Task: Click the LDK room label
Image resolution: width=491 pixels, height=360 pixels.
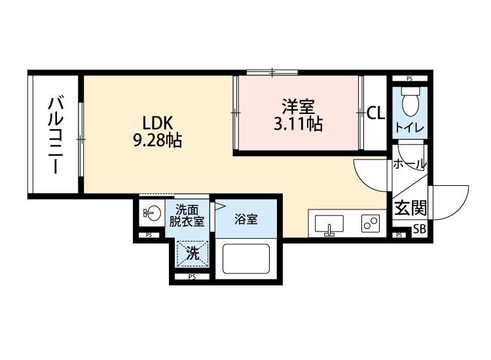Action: pos(158,122)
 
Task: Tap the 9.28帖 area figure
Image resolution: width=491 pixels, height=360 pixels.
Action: pos(158,140)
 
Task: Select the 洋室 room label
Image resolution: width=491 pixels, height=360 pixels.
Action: pos(298,107)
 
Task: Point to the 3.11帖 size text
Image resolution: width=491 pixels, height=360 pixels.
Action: pos(298,124)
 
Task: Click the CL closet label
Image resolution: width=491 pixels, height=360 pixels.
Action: pos(376,113)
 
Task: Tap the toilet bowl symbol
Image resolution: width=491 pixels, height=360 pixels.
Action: pos(410,101)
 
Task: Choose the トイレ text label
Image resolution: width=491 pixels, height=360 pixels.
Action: pos(410,128)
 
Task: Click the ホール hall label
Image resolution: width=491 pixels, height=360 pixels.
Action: pos(410,164)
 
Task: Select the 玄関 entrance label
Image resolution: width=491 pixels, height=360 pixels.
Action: pos(410,208)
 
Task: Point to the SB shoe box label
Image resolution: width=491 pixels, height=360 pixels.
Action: pos(420,229)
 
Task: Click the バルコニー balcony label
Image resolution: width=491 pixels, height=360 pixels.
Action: pos(56,135)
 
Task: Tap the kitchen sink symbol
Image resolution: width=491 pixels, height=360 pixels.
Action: pos(329,225)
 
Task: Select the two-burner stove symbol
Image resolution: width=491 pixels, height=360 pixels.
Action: pos(371,223)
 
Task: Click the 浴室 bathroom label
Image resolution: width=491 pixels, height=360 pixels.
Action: pos(246,219)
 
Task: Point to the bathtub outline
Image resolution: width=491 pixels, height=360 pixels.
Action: pos(246,259)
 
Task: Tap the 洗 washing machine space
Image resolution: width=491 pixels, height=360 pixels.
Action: pos(192,253)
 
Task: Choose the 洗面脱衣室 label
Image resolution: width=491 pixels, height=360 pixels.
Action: pos(187,215)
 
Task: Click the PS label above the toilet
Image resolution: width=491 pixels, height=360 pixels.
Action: pos(410,79)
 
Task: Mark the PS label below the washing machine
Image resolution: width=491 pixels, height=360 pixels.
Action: pos(192,277)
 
